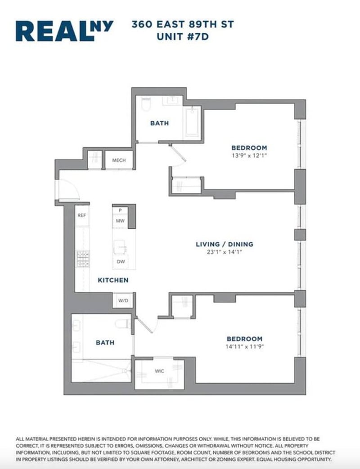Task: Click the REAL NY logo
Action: pyautogui.click(x=64, y=31)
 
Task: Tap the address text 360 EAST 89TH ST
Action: pyautogui.click(x=183, y=24)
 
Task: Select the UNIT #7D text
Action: pyautogui.click(x=183, y=36)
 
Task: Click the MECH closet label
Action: pyautogui.click(x=119, y=161)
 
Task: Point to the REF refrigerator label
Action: pyautogui.click(x=82, y=215)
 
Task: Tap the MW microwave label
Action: pyautogui.click(x=120, y=221)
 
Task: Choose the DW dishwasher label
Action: pyautogui.click(x=121, y=262)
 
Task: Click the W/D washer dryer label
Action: pyautogui.click(x=123, y=301)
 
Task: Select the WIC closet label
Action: pyautogui.click(x=159, y=371)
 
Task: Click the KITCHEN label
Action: pyautogui.click(x=113, y=280)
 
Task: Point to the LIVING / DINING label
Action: pyautogui.click(x=225, y=244)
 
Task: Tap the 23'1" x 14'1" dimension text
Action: pyautogui.click(x=225, y=252)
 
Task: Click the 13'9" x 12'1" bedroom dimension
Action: pyautogui.click(x=249, y=156)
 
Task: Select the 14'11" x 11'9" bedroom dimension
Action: pyautogui.click(x=245, y=347)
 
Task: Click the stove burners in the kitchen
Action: pyautogui.click(x=83, y=259)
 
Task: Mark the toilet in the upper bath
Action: pyautogui.click(x=146, y=103)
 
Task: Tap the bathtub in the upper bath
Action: pyautogui.click(x=193, y=122)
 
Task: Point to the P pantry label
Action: pyautogui.click(x=120, y=210)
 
